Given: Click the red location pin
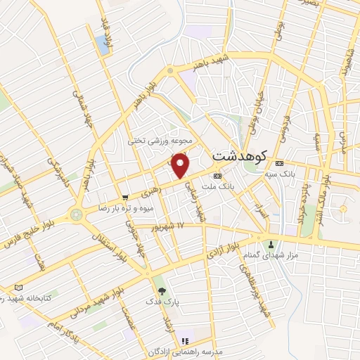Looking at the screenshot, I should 181,165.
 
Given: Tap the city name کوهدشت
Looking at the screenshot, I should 238,154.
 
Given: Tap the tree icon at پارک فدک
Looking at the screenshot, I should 162,290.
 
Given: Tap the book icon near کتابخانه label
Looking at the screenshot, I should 18,288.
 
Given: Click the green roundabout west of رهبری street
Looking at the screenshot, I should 76,214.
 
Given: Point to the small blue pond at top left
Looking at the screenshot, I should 105,44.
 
